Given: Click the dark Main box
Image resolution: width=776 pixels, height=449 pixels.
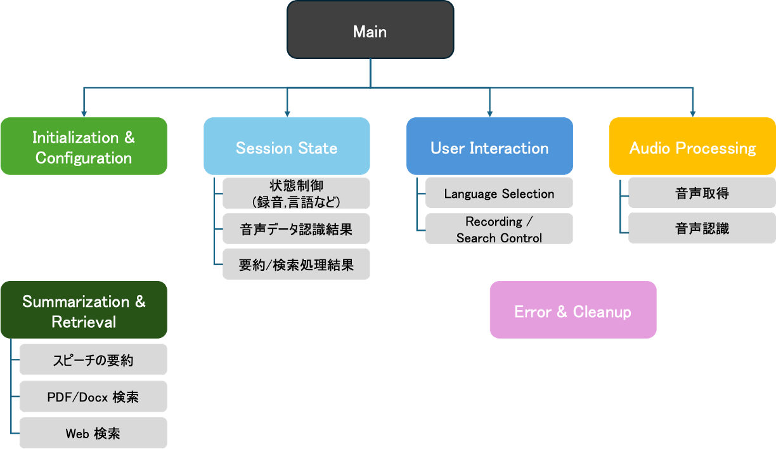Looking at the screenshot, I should [370, 30].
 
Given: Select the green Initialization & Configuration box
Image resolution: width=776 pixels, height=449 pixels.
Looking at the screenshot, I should [84, 147].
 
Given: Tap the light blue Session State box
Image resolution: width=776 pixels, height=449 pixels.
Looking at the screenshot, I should [287, 147].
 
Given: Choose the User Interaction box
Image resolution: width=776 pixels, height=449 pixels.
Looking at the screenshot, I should [489, 147].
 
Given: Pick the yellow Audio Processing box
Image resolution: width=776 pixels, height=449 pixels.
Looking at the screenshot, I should [692, 147].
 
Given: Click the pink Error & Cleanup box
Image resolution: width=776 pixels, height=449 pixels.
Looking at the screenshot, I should [572, 311].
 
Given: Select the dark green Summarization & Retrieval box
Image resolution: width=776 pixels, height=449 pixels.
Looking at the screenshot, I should [84, 311].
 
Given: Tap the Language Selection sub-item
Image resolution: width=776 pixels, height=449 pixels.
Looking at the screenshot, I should [499, 193].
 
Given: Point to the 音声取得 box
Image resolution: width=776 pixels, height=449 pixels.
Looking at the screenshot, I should [702, 193].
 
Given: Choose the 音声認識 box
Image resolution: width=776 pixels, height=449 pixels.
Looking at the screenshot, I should [702, 228].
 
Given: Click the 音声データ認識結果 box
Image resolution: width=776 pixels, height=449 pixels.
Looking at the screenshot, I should [296, 229].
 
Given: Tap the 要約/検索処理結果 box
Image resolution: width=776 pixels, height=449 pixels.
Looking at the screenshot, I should [296, 265].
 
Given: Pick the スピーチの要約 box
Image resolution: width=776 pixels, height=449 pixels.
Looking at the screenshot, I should [93, 360].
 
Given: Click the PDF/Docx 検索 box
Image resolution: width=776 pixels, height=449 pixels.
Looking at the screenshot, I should [93, 397].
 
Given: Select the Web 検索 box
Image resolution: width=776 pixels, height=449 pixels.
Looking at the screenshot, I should [93, 434].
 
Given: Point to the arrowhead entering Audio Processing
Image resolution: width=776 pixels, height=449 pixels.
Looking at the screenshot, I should [692, 114].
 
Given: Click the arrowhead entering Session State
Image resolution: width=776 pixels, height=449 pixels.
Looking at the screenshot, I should [287, 114].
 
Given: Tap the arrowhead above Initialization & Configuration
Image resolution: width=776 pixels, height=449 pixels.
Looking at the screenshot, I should [84, 114].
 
